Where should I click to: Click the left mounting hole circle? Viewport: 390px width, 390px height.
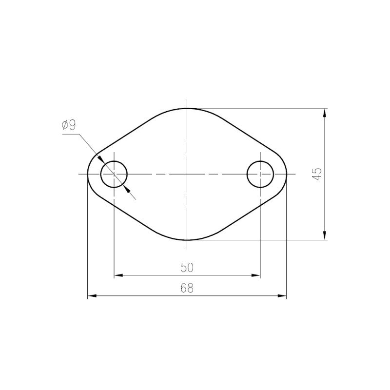101,174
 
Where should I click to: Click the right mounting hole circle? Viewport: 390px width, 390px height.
247,174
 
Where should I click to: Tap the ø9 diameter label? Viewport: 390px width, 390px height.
69,125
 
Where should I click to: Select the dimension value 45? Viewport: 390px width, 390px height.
318,174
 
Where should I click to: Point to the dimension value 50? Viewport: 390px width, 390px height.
187,268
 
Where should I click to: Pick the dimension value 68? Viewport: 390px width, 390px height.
187,288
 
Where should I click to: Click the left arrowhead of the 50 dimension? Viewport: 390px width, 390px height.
118,275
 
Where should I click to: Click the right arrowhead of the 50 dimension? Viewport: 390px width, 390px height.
256,275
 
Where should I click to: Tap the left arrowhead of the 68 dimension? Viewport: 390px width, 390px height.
92,296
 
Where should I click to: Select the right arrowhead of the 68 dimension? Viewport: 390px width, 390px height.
282,296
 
